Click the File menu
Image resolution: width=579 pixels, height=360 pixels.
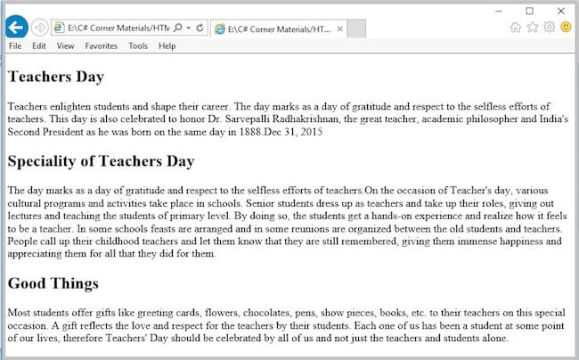tap(15, 46)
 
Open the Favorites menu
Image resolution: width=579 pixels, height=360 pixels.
tap(101, 46)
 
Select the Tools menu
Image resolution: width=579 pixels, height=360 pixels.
tap(138, 46)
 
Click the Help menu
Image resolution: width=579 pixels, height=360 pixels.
tap(167, 46)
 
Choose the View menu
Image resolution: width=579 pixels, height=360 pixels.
tap(65, 46)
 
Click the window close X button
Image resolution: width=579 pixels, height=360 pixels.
tap(560, 11)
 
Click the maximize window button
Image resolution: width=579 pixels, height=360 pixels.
tap(529, 11)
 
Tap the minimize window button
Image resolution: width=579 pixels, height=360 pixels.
tap(498, 11)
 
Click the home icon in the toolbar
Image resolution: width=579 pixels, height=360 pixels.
tap(516, 28)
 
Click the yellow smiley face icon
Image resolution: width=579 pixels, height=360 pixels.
tap(566, 28)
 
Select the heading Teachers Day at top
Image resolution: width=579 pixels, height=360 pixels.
tap(55, 77)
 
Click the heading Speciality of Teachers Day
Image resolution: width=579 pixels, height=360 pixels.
tap(101, 161)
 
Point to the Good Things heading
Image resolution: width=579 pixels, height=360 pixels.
tap(53, 283)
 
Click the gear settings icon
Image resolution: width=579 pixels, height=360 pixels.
tap(549, 28)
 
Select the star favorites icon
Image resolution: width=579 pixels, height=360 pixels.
tap(533, 28)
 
